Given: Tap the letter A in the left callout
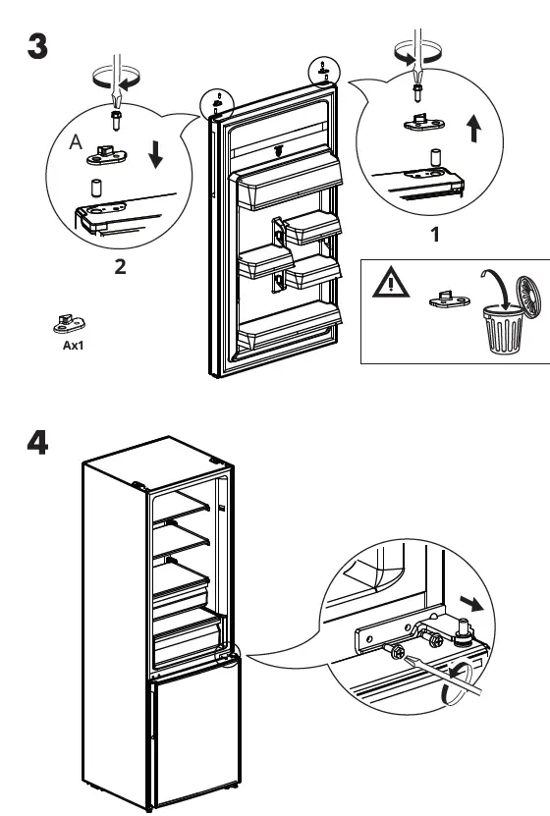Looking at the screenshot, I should tap(75, 143).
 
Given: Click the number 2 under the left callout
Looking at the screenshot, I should tap(120, 268).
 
